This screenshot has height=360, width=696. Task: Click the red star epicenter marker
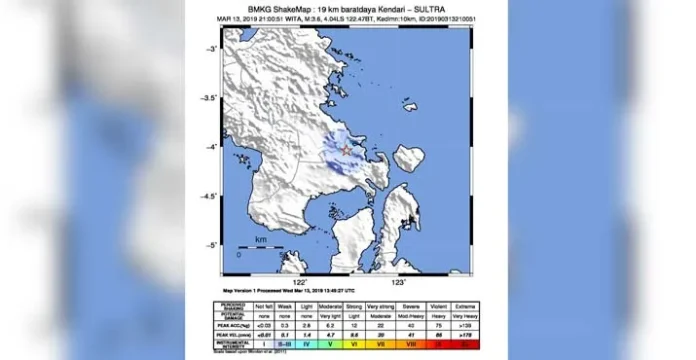346,150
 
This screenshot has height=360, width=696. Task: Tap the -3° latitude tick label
213,49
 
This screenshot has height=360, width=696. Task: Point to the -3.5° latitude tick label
211,99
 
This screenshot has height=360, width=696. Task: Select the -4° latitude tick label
213,148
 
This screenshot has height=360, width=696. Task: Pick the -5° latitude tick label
213,245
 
